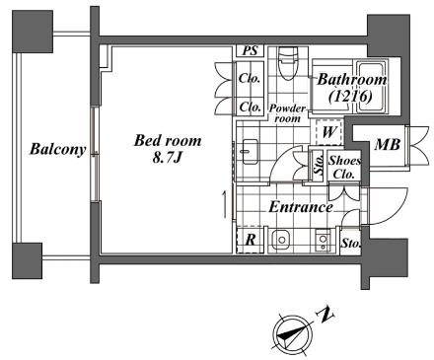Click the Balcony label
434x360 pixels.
tap(58, 149)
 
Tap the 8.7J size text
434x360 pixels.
tap(168, 158)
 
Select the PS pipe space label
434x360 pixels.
tap(250, 51)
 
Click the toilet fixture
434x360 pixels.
tap(288, 62)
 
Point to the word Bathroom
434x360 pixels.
tap(351, 80)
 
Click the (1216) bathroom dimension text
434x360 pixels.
tap(351, 97)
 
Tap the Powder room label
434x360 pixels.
tap(287, 113)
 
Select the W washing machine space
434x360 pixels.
tap(329, 132)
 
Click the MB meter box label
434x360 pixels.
tap(388, 144)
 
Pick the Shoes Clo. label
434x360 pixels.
tap(344, 167)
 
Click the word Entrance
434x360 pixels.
tap(301, 207)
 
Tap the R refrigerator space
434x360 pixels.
tap(251, 240)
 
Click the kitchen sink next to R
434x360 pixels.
tap(281, 240)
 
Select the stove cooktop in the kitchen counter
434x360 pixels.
tap(323, 241)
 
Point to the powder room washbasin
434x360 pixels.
tap(250, 152)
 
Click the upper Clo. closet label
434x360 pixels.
tap(250, 78)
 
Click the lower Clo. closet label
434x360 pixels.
tap(250, 107)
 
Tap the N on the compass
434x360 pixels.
tap(325, 315)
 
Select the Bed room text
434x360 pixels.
tap(168, 141)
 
